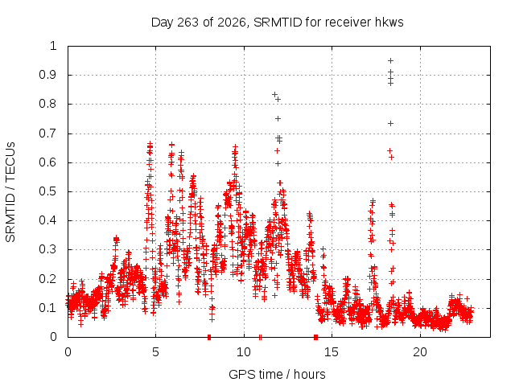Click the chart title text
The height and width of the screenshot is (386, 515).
(277, 23)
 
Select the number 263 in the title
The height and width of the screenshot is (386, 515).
(187, 23)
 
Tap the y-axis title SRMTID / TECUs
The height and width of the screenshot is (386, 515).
(10, 192)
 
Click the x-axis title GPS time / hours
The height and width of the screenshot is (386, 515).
(277, 374)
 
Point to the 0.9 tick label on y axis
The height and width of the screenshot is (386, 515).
(48, 75)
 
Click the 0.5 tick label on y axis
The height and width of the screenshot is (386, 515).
(48, 191)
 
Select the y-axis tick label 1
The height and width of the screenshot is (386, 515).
(53, 46)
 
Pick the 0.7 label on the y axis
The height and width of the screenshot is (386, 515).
(48, 133)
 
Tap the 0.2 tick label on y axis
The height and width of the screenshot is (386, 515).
(48, 279)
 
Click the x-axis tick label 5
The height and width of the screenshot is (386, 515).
(155, 352)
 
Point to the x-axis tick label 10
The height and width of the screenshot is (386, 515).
(244, 352)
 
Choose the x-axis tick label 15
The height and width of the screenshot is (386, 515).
(332, 352)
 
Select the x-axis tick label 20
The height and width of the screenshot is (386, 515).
(420, 352)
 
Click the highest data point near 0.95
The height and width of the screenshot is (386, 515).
(390, 61)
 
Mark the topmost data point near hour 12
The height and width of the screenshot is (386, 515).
(275, 95)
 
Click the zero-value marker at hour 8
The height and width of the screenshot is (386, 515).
(209, 337)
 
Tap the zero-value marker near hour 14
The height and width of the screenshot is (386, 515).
(315, 337)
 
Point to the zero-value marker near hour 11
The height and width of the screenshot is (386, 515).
(260, 337)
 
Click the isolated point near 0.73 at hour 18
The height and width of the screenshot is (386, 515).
(390, 123)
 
